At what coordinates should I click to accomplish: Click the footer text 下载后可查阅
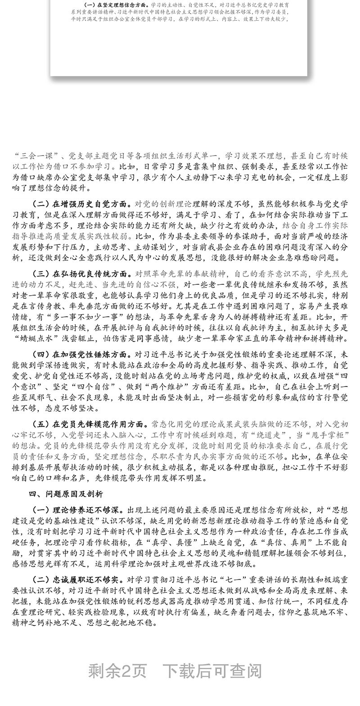pyautogui.click(x=211, y=670)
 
